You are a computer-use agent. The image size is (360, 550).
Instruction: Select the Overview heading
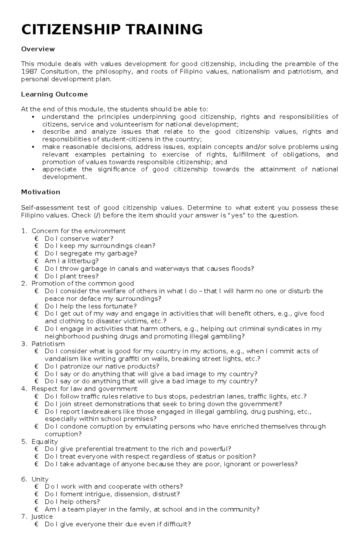[x=38, y=49]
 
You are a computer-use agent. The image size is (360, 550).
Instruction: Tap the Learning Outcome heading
[x=54, y=94]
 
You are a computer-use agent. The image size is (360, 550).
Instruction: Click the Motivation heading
[x=40, y=192]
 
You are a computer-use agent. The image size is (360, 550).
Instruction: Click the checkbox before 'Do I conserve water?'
[x=37, y=239]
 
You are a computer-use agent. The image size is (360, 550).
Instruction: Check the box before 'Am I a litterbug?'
[x=37, y=261]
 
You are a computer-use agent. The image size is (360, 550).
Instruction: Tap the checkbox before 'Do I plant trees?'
[x=37, y=276]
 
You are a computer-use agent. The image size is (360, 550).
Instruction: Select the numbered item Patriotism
[x=48, y=344]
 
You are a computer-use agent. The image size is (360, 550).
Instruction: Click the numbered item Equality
[x=44, y=441]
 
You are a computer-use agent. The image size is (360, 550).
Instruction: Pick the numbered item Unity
[x=40, y=479]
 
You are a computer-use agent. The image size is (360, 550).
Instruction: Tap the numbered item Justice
[x=42, y=517]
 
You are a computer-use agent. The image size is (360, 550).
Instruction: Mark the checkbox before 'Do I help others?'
[x=37, y=502]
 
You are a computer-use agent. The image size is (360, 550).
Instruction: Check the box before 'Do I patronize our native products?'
[x=37, y=366]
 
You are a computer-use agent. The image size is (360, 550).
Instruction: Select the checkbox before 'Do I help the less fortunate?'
[x=37, y=306]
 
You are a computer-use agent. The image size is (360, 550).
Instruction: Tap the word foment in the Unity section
[x=71, y=494]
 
